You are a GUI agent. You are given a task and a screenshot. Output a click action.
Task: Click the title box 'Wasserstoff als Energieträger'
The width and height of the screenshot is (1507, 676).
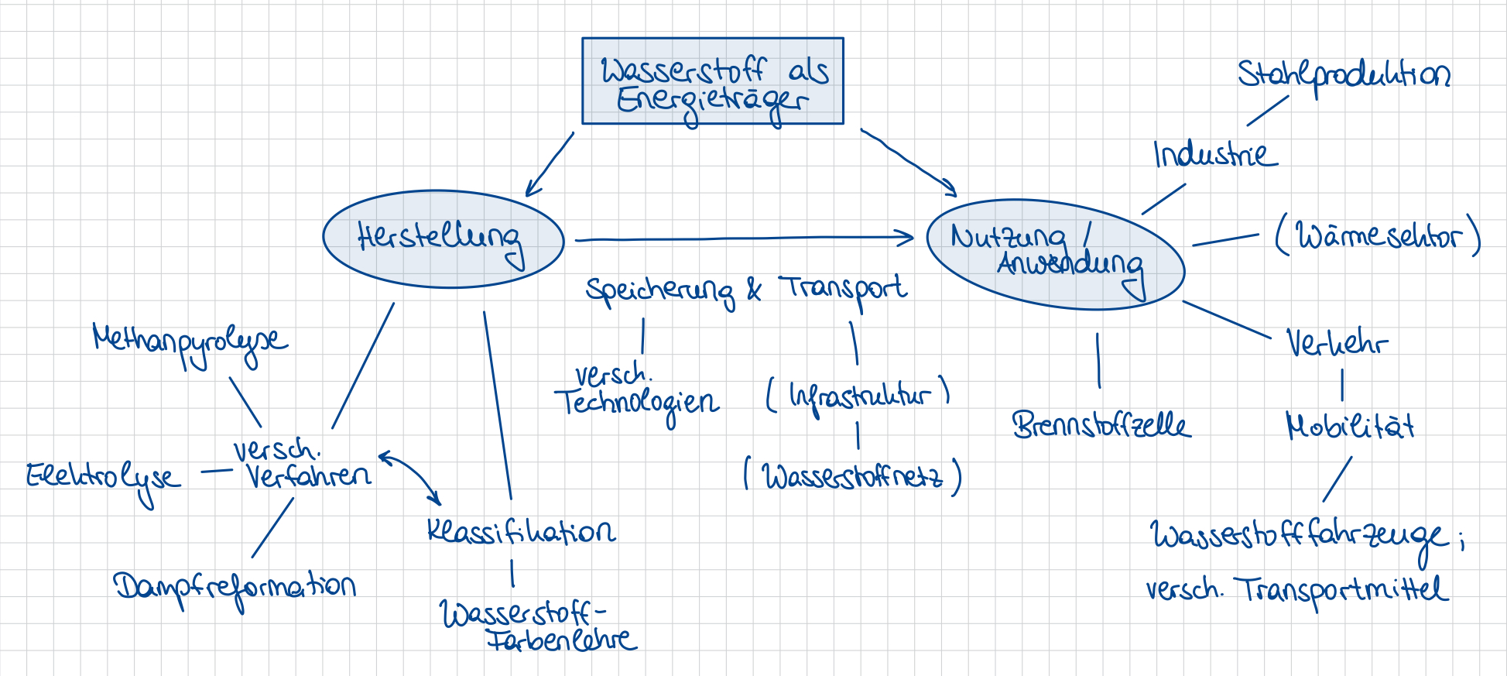point(712,81)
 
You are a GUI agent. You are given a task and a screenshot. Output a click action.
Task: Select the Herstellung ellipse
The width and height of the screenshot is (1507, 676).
point(443,239)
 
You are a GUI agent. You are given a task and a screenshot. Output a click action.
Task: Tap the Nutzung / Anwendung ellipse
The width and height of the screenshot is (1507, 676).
point(1055,254)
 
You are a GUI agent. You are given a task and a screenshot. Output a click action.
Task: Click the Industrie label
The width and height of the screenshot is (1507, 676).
point(1214,154)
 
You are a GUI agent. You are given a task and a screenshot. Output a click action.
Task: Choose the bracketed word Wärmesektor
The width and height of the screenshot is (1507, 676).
point(1378,235)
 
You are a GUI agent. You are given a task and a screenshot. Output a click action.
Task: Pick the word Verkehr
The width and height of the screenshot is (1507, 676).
point(1337,343)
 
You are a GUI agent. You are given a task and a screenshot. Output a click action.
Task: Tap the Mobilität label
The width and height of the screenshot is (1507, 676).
point(1350,426)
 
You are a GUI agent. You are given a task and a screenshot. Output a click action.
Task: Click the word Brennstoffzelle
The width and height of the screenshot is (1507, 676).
point(1101,425)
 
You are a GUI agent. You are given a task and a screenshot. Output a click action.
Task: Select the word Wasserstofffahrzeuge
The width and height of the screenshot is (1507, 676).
point(1299,536)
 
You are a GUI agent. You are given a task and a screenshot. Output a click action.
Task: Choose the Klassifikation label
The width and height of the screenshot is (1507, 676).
point(521,531)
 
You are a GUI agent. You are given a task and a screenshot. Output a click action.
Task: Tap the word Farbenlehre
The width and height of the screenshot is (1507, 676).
point(561,640)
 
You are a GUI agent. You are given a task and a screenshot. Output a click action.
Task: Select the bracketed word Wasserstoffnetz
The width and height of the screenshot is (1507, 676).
point(852,475)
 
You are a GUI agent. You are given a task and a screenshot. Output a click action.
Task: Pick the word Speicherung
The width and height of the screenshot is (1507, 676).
point(659,291)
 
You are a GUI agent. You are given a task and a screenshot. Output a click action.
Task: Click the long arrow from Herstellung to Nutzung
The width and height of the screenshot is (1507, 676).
point(743,238)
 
